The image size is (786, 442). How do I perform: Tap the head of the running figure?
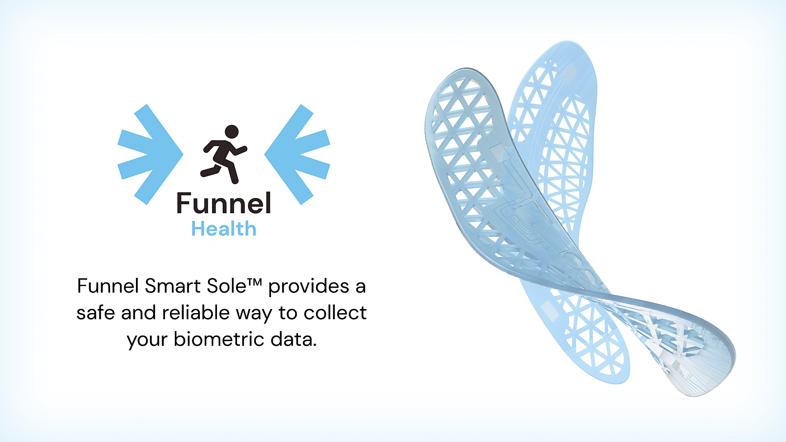coord(232,131)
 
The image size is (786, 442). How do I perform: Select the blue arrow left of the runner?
coord(150,154)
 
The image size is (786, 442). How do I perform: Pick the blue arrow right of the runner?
coord(297,154)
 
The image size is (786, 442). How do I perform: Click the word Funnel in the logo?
coord(224,203)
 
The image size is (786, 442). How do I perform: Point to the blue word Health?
coord(224,229)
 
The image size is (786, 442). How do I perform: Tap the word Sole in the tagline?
coord(226,286)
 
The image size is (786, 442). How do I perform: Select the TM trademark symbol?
coord(254,282)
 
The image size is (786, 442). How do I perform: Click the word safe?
coord(95,313)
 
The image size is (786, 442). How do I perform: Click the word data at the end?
coord(294,339)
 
